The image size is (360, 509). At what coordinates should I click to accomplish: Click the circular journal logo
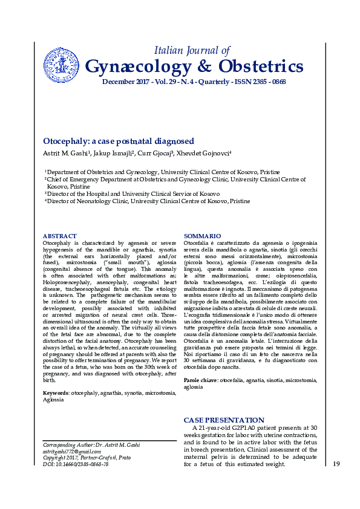tap(62, 66)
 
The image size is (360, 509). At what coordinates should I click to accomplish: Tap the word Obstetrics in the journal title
tap(258, 66)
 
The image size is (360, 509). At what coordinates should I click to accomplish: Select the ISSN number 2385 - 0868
tap(264, 82)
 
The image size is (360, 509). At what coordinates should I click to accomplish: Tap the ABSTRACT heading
tap(59, 236)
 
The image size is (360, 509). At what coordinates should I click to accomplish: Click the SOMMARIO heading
tap(202, 236)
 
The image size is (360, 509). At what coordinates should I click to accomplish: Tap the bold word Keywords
tap(55, 393)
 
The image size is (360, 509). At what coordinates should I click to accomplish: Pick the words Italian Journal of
tap(192, 50)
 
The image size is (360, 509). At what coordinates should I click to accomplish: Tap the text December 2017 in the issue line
tap(123, 82)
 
